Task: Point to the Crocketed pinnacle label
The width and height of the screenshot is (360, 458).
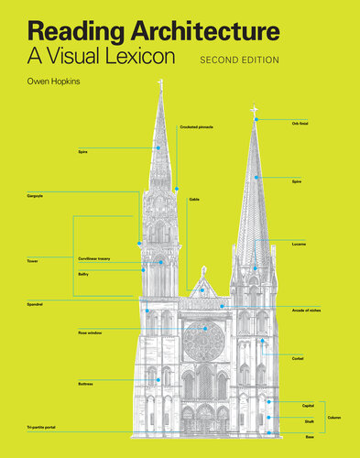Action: pyautogui.click(x=196, y=126)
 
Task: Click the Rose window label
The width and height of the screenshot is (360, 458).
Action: pyautogui.click(x=90, y=333)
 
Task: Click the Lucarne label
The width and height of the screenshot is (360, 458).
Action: pyautogui.click(x=300, y=245)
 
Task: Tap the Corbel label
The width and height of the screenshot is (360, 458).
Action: pyautogui.click(x=298, y=356)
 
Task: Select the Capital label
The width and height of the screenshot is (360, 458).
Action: pyautogui.click(x=308, y=405)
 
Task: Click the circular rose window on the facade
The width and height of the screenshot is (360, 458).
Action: pyautogui.click(x=203, y=340)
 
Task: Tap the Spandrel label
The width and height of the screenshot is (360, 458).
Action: pyautogui.click(x=36, y=302)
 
